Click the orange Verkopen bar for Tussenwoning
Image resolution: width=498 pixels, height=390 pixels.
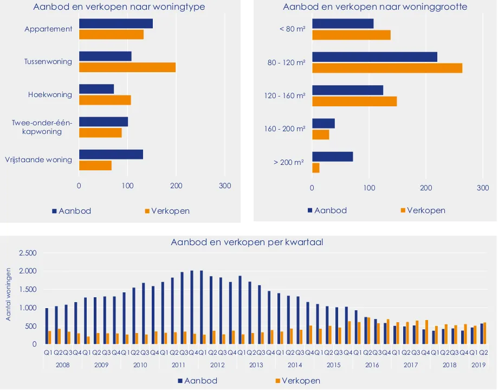127,67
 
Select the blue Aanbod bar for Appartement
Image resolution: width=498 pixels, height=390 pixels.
116,23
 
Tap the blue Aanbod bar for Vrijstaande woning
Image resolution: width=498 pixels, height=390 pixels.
111,155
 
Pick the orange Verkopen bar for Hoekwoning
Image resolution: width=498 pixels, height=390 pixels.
105,100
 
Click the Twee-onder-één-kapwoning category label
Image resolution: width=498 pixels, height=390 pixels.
42,127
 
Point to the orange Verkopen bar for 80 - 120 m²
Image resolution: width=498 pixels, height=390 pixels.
387,68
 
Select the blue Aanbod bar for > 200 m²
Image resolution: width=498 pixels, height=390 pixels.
333,157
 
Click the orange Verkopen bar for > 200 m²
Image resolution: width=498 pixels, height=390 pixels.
316,168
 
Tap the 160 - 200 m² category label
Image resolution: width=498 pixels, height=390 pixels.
285,129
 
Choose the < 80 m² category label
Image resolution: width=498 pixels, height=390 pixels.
292,29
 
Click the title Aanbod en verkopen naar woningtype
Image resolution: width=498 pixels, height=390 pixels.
119,7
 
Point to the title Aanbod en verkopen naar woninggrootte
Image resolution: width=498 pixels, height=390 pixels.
375,7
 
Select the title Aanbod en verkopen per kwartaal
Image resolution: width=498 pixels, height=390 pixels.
247,242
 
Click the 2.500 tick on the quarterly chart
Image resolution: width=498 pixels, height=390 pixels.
27,253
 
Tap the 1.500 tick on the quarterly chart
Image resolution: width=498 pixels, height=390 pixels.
27,290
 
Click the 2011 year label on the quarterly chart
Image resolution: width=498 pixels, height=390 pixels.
178,365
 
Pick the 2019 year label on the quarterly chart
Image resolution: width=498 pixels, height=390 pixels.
478,365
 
